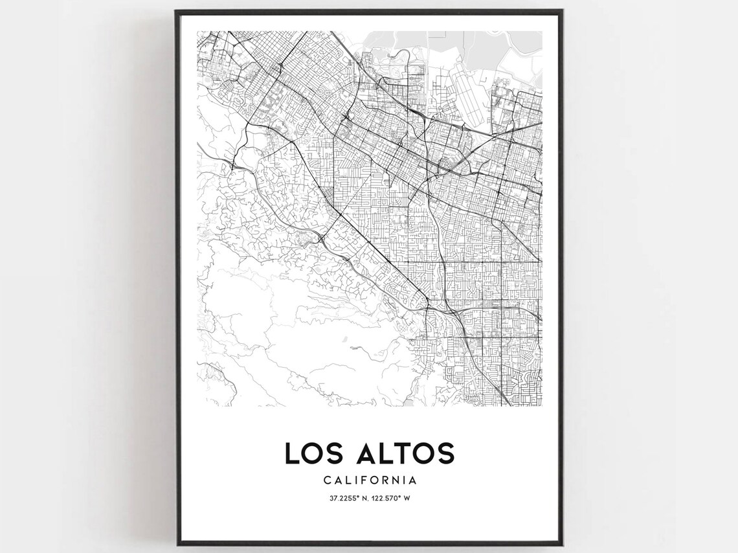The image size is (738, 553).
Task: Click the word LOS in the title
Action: click(x=312, y=453)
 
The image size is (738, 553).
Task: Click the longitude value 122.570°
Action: click(x=387, y=498)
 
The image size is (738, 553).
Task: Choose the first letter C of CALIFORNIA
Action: click(x=326, y=480)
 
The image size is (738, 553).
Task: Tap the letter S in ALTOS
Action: click(x=445, y=453)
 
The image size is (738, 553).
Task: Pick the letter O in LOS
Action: click(x=313, y=453)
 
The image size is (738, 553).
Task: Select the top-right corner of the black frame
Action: click(x=562, y=10)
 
